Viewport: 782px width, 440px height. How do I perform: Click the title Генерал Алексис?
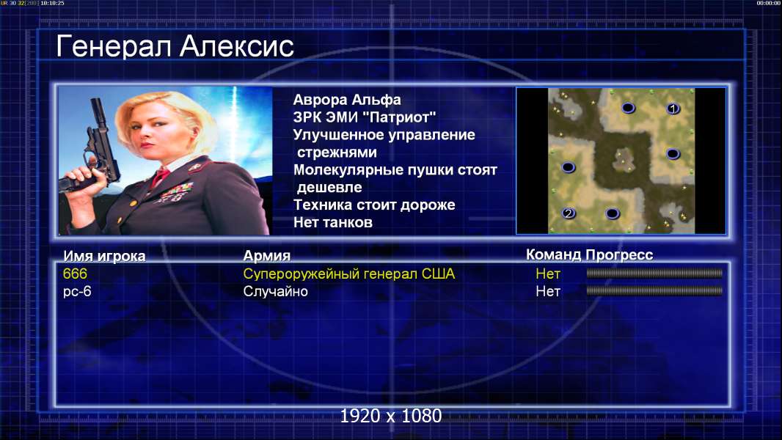tap(175, 46)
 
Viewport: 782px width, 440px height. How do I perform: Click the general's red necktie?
tap(160, 176)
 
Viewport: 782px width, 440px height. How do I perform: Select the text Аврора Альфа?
tap(346, 100)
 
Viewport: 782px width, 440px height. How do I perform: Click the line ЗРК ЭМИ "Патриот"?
tap(365, 117)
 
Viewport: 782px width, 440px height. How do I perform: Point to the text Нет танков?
tap(332, 222)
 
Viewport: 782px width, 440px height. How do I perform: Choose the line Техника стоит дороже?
tap(374, 205)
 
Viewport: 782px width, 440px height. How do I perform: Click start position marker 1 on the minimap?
tap(673, 108)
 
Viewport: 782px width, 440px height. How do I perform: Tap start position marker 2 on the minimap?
tap(569, 213)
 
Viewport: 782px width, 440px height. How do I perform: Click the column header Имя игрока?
tap(104, 256)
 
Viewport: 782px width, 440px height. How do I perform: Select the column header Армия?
tap(267, 256)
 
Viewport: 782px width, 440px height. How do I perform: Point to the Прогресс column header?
tap(619, 254)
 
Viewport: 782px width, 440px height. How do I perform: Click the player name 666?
tap(75, 274)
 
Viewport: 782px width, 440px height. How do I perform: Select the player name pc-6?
tap(77, 292)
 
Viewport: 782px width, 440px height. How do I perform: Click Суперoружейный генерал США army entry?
tap(349, 274)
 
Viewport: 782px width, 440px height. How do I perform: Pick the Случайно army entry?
tap(275, 292)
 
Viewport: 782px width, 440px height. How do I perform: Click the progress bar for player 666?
tap(654, 273)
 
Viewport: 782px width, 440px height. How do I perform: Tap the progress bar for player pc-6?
tap(654, 290)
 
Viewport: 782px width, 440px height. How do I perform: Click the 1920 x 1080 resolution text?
tap(390, 416)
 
